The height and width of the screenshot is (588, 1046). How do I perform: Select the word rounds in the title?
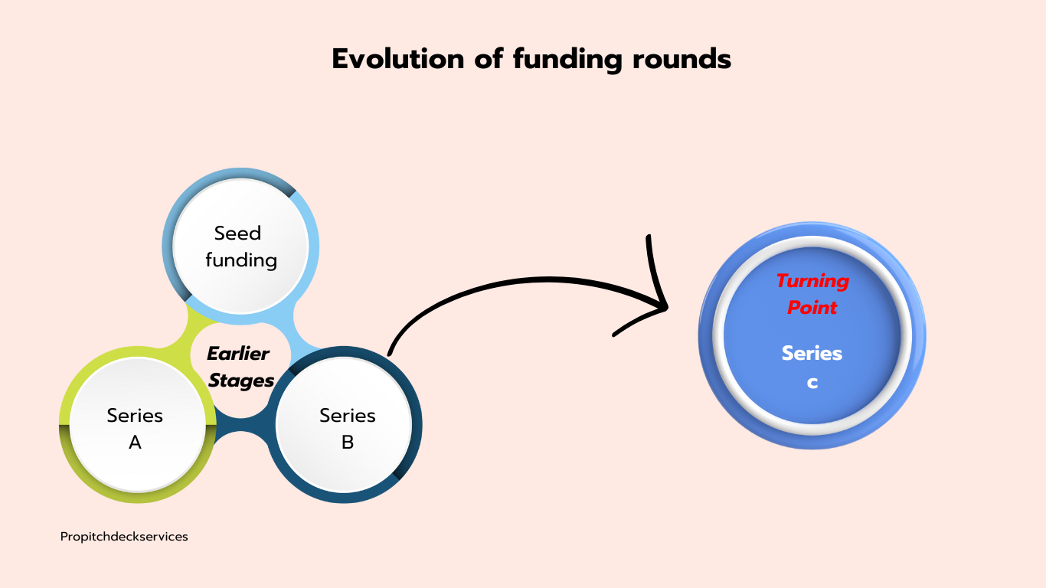(x=682, y=59)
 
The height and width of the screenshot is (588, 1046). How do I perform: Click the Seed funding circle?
(x=240, y=246)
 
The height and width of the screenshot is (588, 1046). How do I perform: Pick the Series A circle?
(x=135, y=428)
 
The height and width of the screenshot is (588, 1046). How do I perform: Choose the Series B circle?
(x=347, y=428)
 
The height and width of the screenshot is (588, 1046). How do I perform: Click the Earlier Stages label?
(x=240, y=367)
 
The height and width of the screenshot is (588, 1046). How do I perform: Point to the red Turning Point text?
(x=812, y=294)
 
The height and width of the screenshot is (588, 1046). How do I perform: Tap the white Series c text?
(x=812, y=367)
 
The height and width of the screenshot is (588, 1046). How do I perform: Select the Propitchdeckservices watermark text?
(x=124, y=537)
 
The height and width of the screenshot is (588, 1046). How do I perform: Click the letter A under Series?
(x=135, y=442)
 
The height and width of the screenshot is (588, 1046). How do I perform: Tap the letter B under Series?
(x=348, y=442)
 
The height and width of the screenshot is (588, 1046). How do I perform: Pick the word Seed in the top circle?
(x=237, y=233)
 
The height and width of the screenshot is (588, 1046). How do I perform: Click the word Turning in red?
(x=812, y=281)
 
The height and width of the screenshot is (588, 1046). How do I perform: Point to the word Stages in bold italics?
(x=241, y=381)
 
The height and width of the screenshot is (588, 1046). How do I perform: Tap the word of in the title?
(x=488, y=59)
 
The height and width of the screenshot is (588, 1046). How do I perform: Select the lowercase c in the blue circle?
(x=812, y=382)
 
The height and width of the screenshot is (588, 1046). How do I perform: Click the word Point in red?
(x=812, y=308)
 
